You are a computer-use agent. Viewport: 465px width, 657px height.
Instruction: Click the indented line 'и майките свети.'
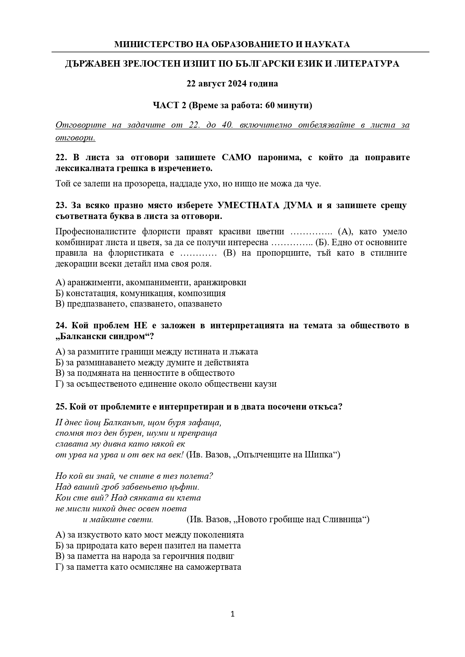[x=118, y=520]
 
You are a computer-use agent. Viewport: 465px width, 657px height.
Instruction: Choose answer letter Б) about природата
[x=60, y=545]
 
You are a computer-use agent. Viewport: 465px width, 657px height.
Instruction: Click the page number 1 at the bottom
[x=232, y=614]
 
